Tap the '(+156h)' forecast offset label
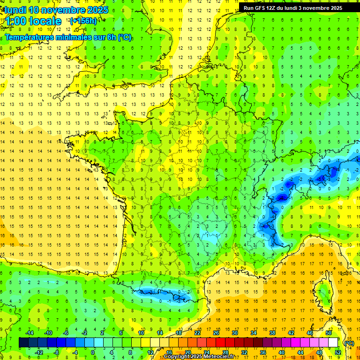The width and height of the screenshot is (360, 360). click(x=83, y=21)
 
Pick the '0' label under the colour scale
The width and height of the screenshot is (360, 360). click(x=93, y=352)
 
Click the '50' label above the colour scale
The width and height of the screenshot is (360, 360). click(x=328, y=333)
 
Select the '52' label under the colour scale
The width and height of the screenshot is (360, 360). click(x=337, y=352)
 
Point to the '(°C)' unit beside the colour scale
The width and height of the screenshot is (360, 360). click(x=349, y=343)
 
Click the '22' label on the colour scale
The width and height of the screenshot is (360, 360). click(x=197, y=333)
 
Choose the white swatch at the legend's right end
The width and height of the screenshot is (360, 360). click(x=333, y=343)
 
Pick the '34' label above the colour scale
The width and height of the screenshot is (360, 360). click(x=253, y=333)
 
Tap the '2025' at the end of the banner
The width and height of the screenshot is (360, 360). click(x=335, y=8)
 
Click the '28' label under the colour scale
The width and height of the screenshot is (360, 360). click(x=225, y=352)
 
